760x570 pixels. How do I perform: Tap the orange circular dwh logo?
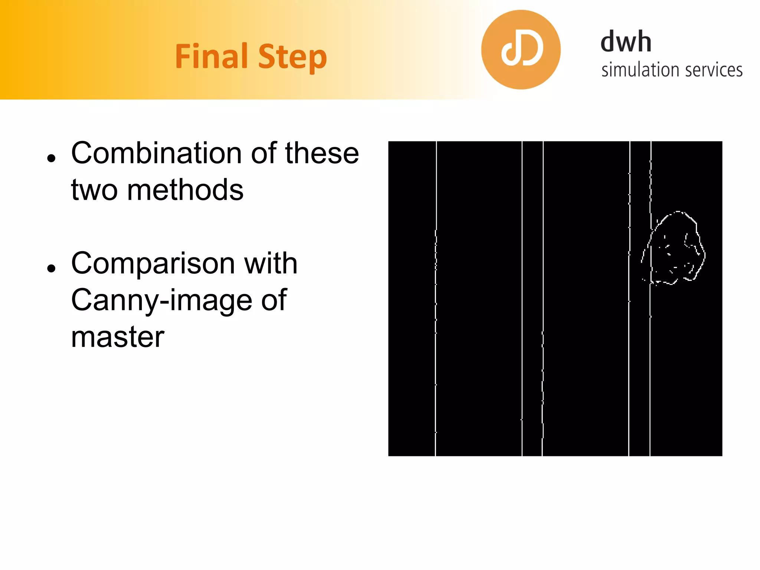(521, 50)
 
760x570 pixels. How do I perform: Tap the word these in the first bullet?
(322, 153)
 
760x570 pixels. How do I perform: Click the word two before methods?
(94, 190)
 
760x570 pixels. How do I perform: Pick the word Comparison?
(153, 263)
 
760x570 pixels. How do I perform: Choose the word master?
(118, 337)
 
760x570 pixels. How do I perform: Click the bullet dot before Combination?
(51, 158)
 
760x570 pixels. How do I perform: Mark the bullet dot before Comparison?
(51, 268)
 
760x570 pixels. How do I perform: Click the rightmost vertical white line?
(650, 371)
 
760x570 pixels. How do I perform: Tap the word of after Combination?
(263, 153)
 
